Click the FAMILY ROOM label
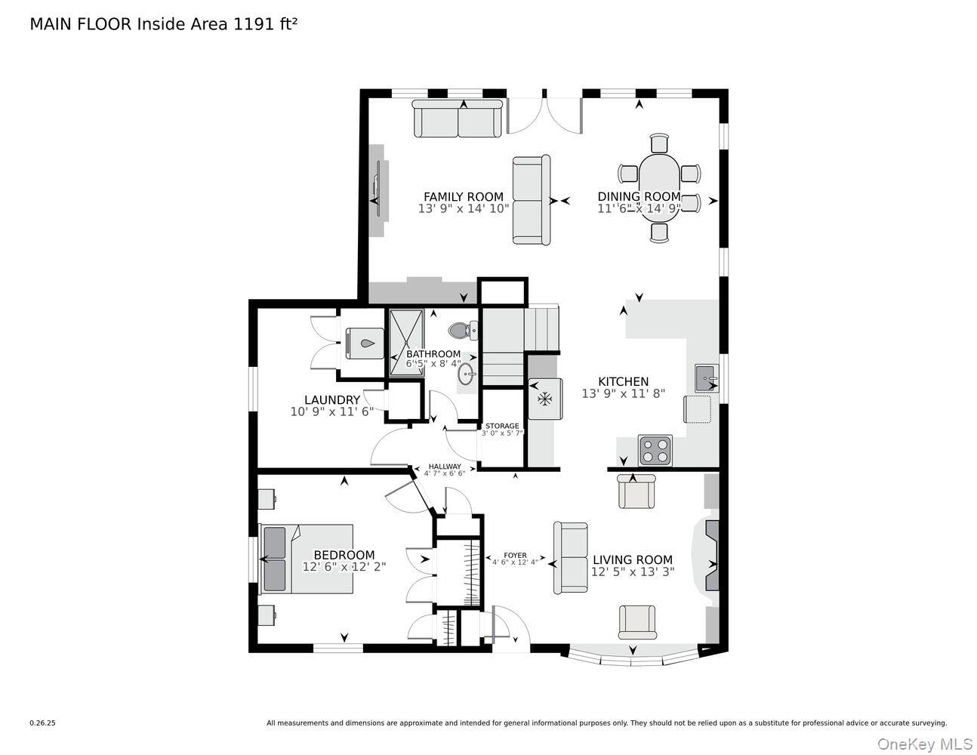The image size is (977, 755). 463,196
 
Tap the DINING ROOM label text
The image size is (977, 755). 639,196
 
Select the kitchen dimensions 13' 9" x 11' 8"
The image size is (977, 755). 623,393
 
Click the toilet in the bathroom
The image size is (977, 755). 461,330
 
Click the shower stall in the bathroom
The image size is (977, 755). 407,342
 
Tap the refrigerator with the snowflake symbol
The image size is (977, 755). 543,398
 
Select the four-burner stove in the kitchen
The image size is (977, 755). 655,451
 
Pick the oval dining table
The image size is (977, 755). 659,185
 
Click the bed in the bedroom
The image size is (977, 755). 306,559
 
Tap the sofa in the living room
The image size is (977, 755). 571,558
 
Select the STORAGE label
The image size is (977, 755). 502,426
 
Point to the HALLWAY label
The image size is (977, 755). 444,467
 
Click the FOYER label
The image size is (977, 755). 515,556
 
